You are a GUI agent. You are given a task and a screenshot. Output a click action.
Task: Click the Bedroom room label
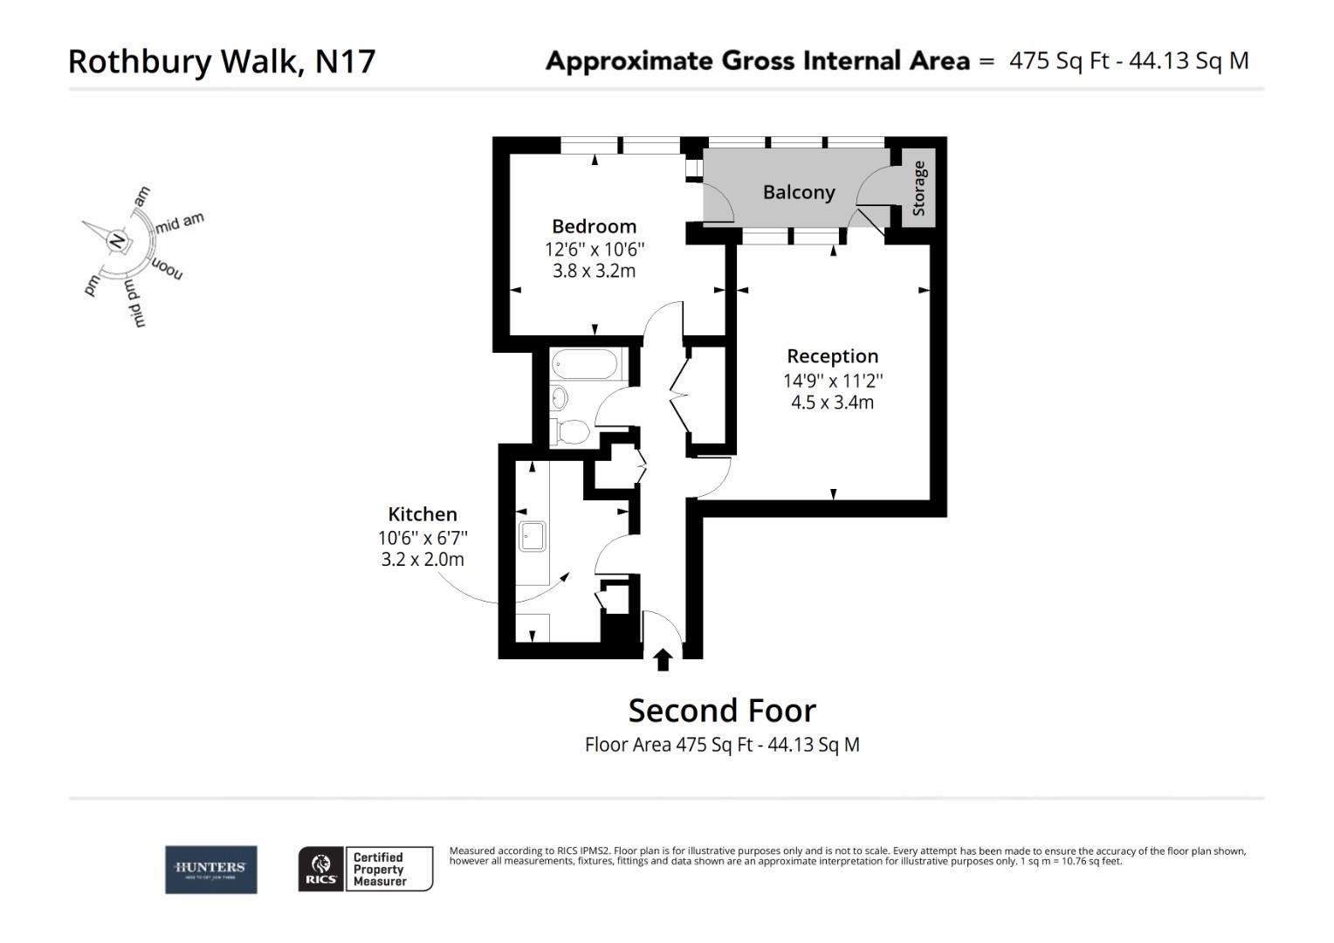pos(594,227)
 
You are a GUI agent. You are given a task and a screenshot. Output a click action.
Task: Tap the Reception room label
pos(832,356)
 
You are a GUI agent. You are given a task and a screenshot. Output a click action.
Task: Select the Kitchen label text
pos(423,514)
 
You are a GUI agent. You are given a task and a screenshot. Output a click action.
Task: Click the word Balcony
pos(799,192)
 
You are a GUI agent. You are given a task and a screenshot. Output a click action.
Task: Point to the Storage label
pos(918,189)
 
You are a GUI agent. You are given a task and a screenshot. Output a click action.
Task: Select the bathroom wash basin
pos(559,398)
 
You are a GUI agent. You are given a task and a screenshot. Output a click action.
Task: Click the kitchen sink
pos(532,536)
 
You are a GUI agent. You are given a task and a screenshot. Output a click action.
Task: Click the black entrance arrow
pos(663,658)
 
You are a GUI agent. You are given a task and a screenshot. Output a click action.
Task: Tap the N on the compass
pos(117,240)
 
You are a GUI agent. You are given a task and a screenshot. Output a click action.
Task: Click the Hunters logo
pos(211,869)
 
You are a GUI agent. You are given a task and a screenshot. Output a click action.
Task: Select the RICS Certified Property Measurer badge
pos(366,869)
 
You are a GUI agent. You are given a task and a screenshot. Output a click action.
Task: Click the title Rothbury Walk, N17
pos(222,61)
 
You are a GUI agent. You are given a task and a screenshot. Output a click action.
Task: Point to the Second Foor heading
pos(722,711)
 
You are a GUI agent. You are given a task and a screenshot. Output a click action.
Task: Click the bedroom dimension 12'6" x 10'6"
pos(595,249)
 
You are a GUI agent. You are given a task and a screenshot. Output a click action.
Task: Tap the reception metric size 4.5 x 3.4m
pos(832,403)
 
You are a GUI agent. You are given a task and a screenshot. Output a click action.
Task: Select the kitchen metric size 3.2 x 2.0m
pos(423,560)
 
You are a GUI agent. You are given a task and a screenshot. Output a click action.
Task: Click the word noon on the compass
pos(168,268)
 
